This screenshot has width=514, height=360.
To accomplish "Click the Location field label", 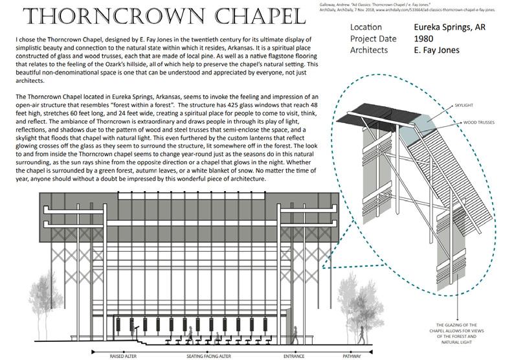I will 366,28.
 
